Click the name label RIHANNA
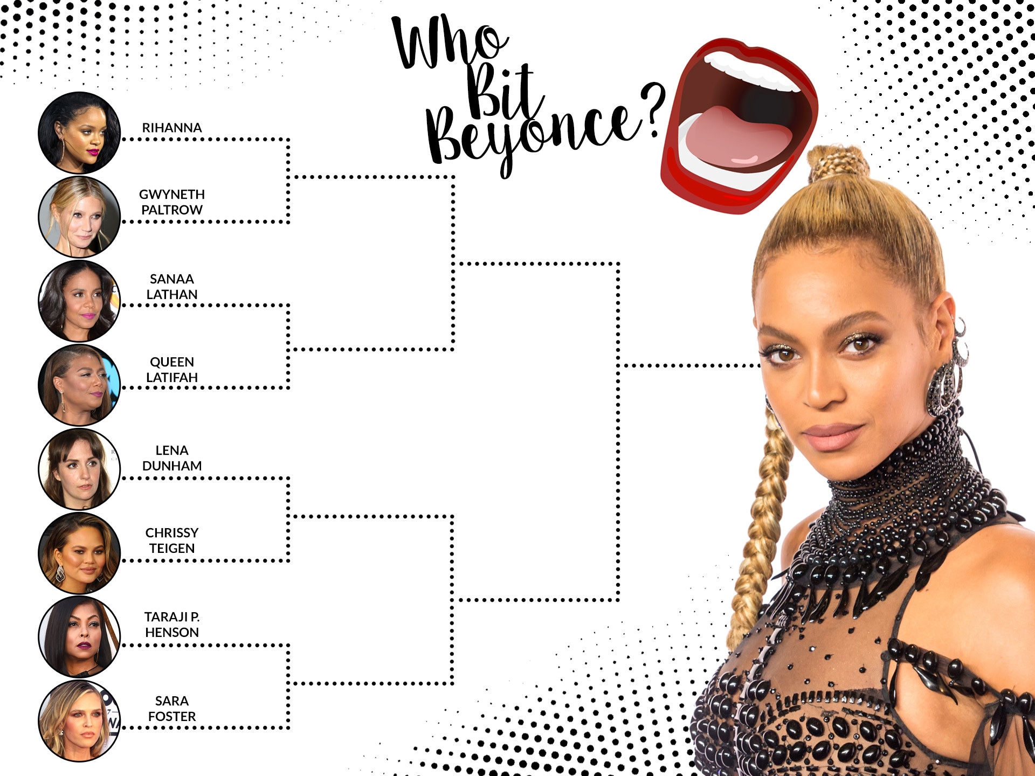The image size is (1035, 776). point(172,128)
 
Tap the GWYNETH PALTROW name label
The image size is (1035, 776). point(172,202)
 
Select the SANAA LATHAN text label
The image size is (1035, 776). point(172,287)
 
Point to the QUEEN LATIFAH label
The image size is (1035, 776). point(172,370)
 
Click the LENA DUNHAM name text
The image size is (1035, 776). point(172,458)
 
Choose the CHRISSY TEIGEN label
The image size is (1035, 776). point(172,541)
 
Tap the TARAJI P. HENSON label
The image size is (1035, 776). point(172,625)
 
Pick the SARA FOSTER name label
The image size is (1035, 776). point(172,709)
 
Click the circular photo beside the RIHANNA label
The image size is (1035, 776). point(79,133)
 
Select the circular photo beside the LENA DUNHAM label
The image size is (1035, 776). point(79,469)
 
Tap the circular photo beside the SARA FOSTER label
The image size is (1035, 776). point(79,721)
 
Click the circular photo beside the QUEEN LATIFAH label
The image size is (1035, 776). point(79,385)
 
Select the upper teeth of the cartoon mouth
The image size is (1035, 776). point(755,70)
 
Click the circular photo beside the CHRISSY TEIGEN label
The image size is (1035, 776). point(79,553)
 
